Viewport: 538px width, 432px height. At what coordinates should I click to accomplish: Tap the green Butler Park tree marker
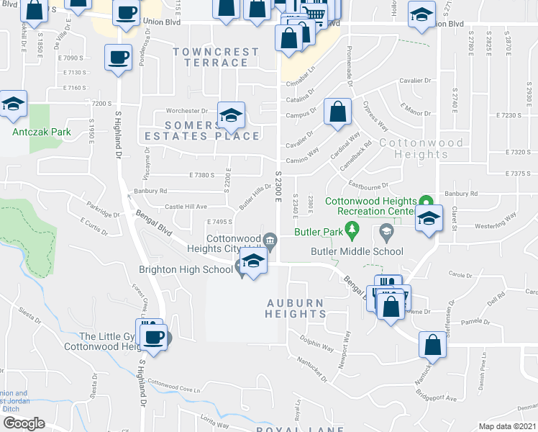pyautogui.click(x=352, y=231)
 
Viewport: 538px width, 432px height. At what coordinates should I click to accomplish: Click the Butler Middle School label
pyautogui.click(x=357, y=251)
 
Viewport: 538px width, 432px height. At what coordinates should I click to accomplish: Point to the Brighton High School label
pyautogui.click(x=186, y=269)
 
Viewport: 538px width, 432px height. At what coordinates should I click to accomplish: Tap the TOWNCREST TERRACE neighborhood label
pyautogui.click(x=216, y=57)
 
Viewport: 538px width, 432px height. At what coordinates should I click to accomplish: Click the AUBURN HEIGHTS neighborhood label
pyautogui.click(x=296, y=309)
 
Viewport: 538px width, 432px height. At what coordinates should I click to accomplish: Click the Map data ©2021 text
pyautogui.click(x=507, y=426)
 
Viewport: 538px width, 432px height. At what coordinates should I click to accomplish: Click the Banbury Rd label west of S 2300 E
pyautogui.click(x=149, y=191)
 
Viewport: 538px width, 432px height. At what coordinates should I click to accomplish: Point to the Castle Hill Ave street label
pyautogui.click(x=186, y=207)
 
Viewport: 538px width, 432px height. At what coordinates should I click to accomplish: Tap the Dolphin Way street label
pyautogui.click(x=317, y=347)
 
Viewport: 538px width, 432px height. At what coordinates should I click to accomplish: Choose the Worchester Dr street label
pyautogui.click(x=186, y=111)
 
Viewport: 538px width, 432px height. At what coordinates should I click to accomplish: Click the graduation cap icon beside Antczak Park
pyautogui.click(x=12, y=104)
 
